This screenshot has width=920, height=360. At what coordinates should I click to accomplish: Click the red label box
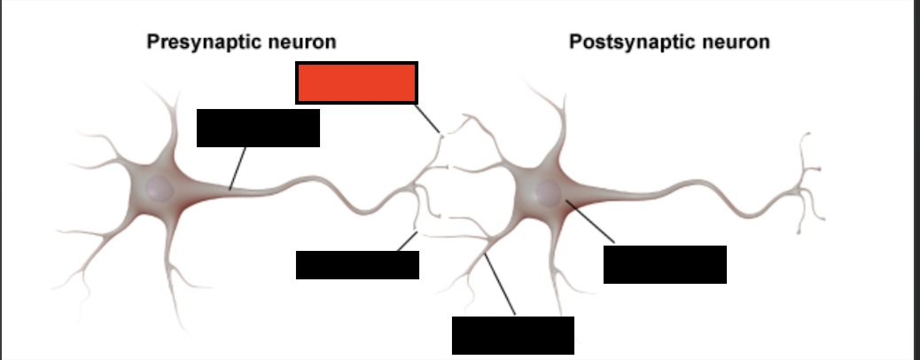[356, 82]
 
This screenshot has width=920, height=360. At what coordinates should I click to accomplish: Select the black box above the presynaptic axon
[258, 128]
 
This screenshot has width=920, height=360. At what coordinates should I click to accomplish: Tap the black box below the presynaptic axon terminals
[357, 265]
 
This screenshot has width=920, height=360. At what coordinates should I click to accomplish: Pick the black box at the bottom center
[513, 335]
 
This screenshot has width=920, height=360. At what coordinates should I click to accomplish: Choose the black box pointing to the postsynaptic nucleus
[665, 265]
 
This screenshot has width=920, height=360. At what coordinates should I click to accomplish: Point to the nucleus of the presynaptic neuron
[160, 189]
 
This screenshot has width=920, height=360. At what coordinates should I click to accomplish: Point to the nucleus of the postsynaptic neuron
[548, 193]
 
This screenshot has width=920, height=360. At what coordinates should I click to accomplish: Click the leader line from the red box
[427, 119]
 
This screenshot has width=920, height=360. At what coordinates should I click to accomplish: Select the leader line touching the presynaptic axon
[238, 168]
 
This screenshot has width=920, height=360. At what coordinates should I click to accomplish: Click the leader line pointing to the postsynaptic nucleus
[590, 222]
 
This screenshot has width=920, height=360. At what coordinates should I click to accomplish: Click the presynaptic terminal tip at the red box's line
[441, 136]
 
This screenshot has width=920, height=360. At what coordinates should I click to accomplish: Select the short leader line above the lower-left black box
[407, 241]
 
